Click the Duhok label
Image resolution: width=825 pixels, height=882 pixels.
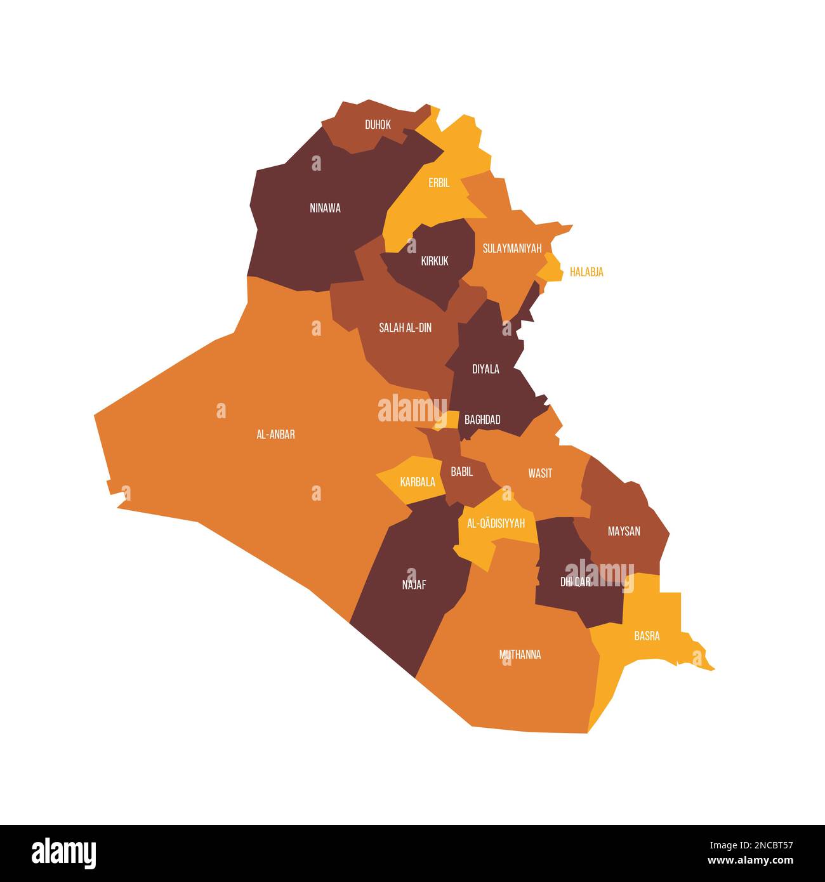[378, 125]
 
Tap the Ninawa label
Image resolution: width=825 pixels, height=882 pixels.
[325, 208]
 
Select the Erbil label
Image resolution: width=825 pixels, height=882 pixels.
[439, 183]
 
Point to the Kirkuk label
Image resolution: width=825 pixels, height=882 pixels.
[435, 261]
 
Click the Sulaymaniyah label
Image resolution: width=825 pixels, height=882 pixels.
[512, 248]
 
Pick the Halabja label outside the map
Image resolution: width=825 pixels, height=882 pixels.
[586, 272]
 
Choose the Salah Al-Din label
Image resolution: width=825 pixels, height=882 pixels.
[405, 328]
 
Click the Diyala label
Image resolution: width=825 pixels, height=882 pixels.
[485, 369]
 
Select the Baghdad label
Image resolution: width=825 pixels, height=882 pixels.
[482, 419]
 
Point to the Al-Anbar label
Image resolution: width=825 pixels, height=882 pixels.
[275, 435]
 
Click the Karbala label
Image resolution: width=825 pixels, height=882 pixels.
[418, 482]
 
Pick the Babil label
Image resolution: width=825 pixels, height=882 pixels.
[461, 471]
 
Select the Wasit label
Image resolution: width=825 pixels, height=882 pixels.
[540, 473]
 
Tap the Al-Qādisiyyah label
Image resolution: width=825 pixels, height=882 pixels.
[496, 523]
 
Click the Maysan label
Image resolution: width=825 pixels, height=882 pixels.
[624, 531]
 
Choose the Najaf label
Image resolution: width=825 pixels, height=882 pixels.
[414, 585]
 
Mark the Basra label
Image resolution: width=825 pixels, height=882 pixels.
[647, 636]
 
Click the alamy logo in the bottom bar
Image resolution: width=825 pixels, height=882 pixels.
[63, 853]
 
